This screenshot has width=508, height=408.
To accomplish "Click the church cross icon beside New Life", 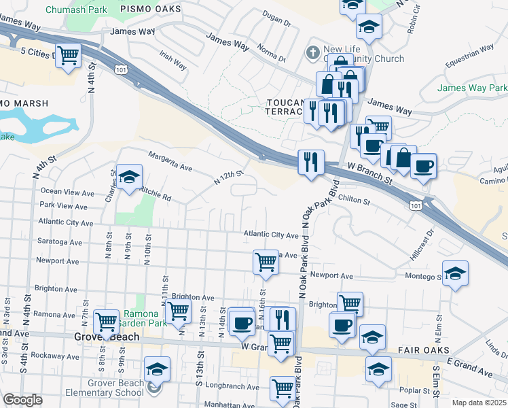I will tap(312, 52).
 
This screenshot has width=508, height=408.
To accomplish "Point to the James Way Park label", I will tap(471, 88).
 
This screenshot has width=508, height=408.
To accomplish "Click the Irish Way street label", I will tap(173, 61).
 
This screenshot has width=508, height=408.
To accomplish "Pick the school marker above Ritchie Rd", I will tap(129, 178).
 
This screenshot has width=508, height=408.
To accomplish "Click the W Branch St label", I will tap(370, 175).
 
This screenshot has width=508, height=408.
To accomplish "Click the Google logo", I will tap(23, 400).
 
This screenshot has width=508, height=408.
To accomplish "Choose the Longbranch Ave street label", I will tap(231, 388).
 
